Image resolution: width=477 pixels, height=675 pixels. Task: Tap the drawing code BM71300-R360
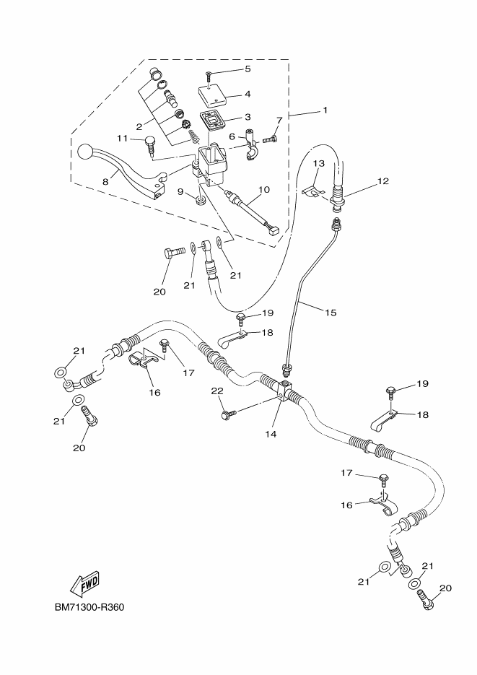pos(89,607)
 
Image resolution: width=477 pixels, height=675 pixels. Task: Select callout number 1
pos(325,110)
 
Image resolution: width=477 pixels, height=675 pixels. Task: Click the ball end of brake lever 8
pos(85,152)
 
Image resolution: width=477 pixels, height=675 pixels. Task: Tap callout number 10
pos(263,190)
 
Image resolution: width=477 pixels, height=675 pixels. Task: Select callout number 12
pos(382,181)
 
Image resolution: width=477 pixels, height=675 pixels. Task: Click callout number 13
pos(318,165)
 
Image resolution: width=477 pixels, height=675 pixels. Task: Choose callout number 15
pos(331,313)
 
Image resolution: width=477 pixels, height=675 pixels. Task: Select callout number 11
pos(122,138)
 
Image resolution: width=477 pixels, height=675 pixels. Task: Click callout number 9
pos(180,193)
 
